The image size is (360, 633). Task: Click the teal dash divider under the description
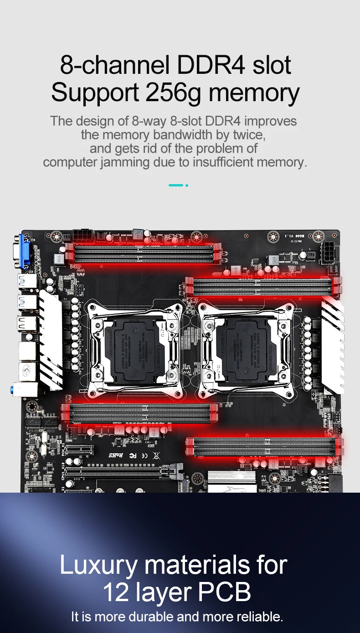click(176, 185)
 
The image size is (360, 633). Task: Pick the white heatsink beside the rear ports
click(50, 340)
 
